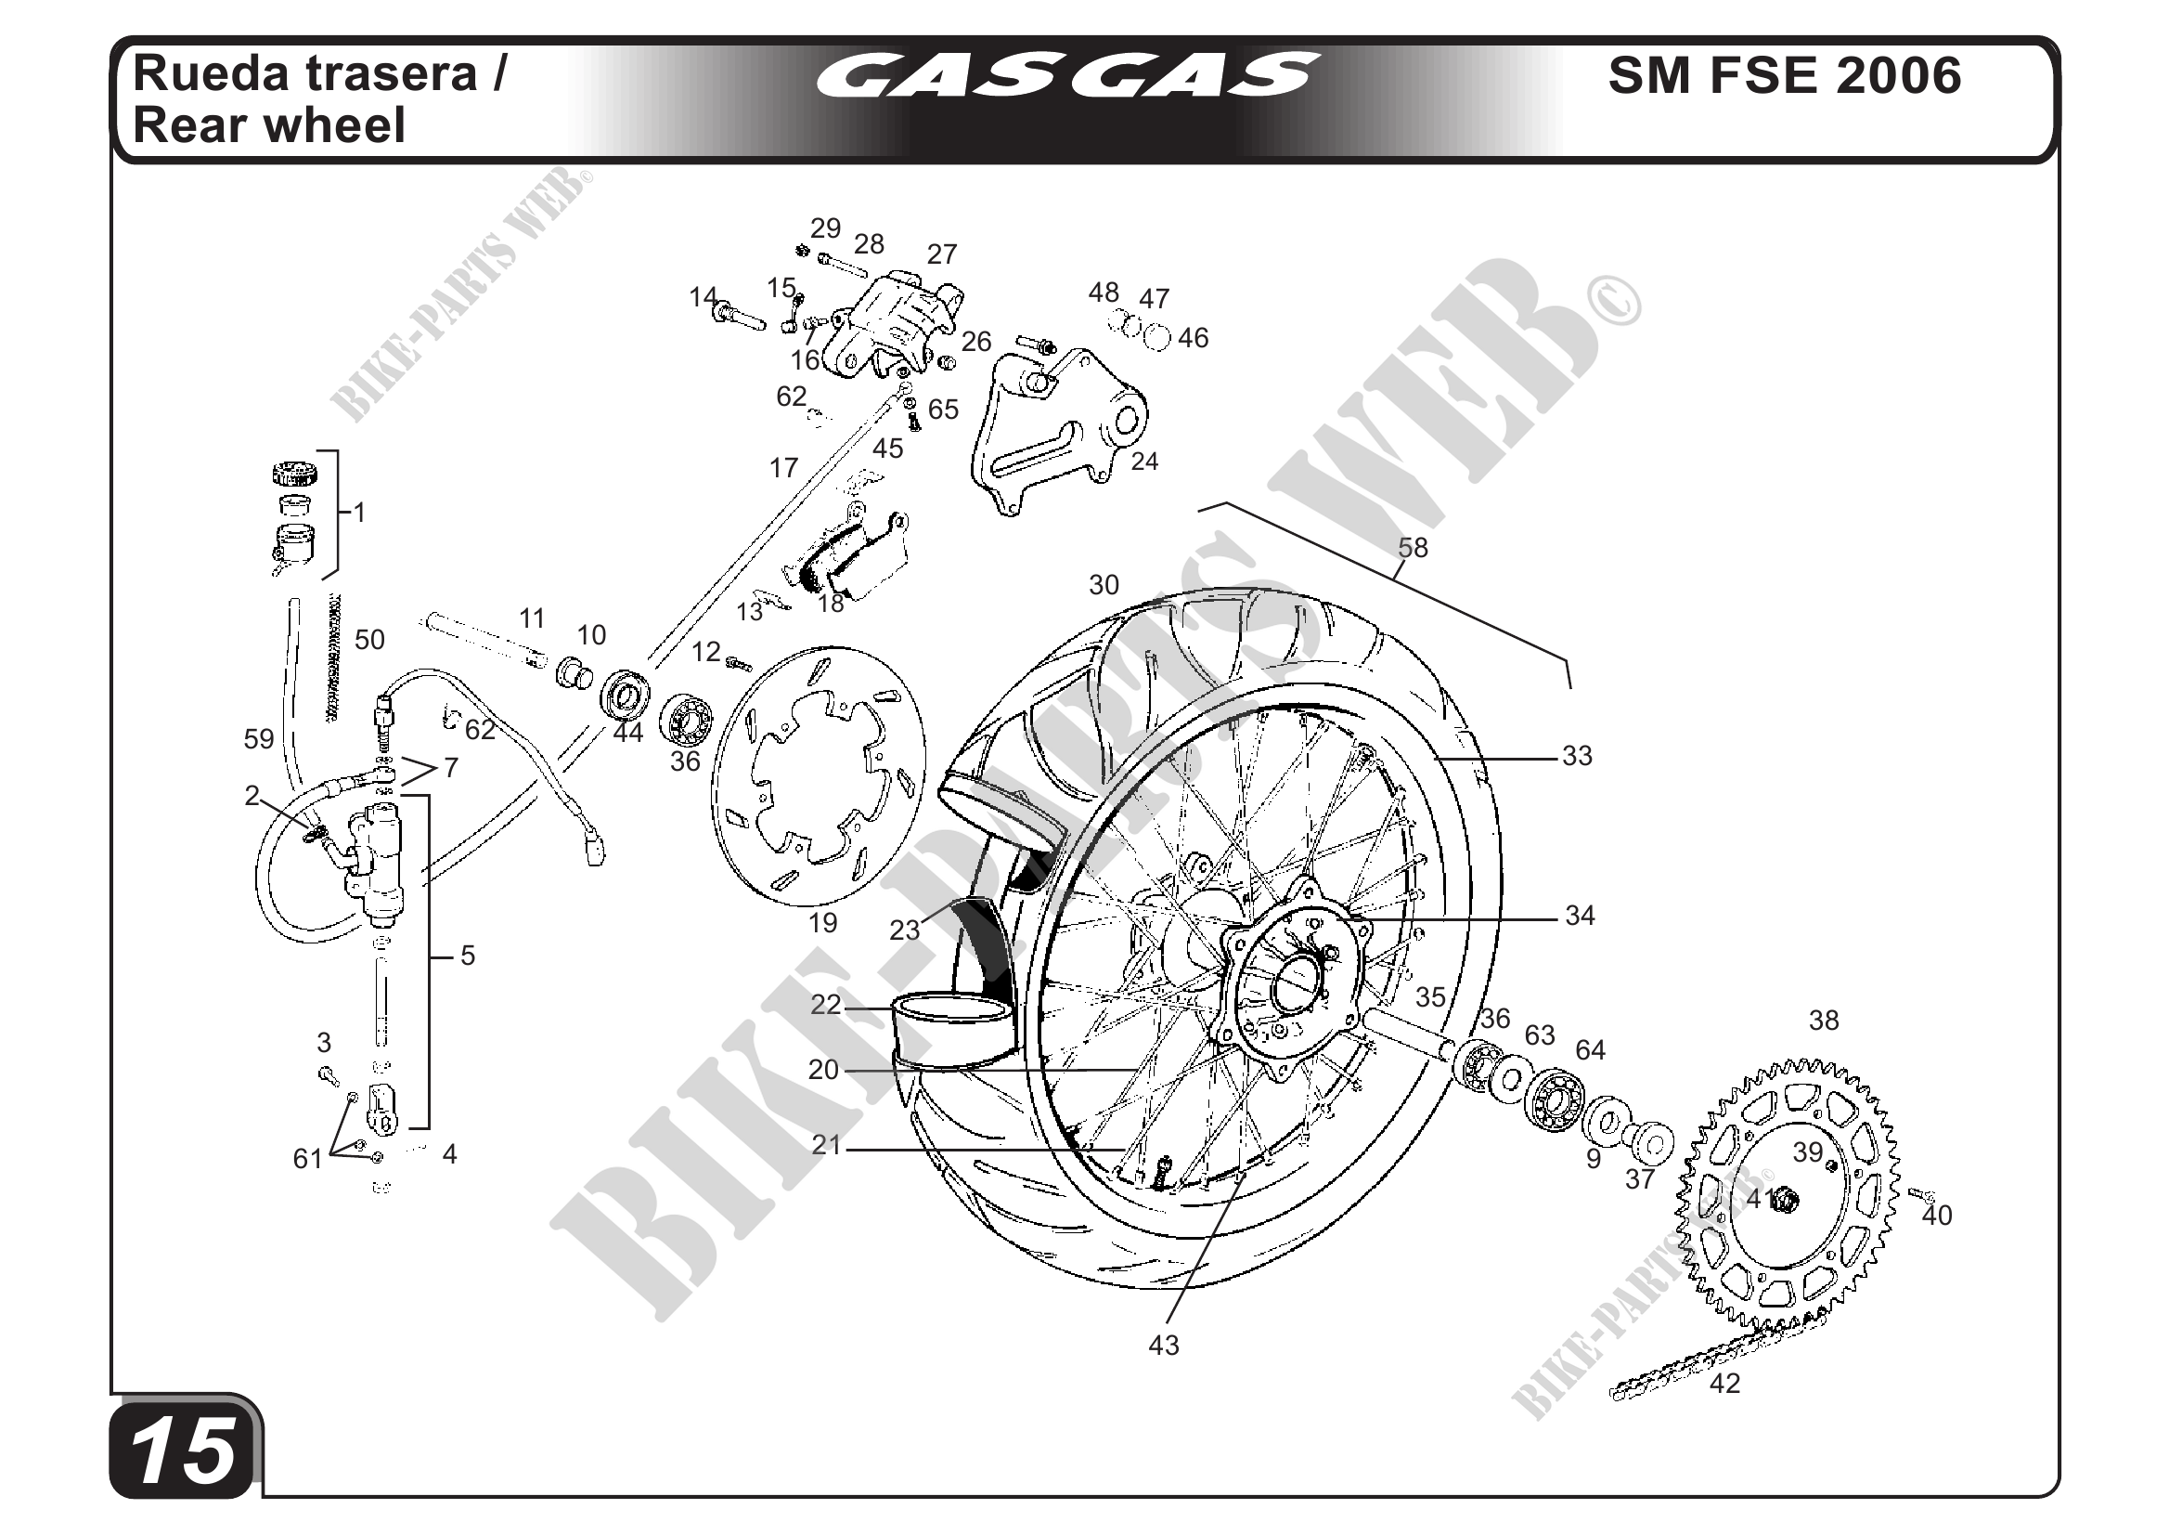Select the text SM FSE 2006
click(x=1784, y=75)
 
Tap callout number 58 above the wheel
click(x=1413, y=548)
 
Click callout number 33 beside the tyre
click(x=1577, y=756)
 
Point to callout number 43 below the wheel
click(x=1163, y=1345)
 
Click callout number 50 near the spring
click(x=369, y=640)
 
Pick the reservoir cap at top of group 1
click(x=298, y=473)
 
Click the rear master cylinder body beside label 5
click(x=378, y=860)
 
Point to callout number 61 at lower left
click(x=308, y=1158)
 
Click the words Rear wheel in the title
click(x=269, y=125)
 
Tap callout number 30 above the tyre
click(x=1104, y=585)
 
